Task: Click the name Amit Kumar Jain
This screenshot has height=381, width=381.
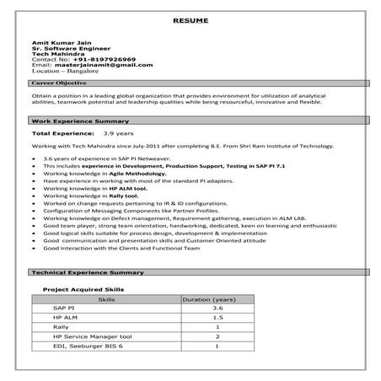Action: tap(59, 40)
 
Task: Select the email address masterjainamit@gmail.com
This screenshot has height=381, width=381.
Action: tap(101, 65)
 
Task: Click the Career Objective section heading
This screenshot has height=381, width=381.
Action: tap(61, 85)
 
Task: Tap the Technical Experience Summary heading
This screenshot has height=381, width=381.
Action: tap(86, 274)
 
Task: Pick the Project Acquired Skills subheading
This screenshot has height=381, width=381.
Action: tap(83, 289)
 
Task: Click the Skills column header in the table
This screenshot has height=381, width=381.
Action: tap(107, 299)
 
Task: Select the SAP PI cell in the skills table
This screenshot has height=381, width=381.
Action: tap(63, 309)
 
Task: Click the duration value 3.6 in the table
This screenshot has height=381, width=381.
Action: tap(217, 309)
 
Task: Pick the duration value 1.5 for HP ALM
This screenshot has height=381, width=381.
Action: tap(217, 318)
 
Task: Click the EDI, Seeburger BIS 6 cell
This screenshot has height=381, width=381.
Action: tap(88, 346)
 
